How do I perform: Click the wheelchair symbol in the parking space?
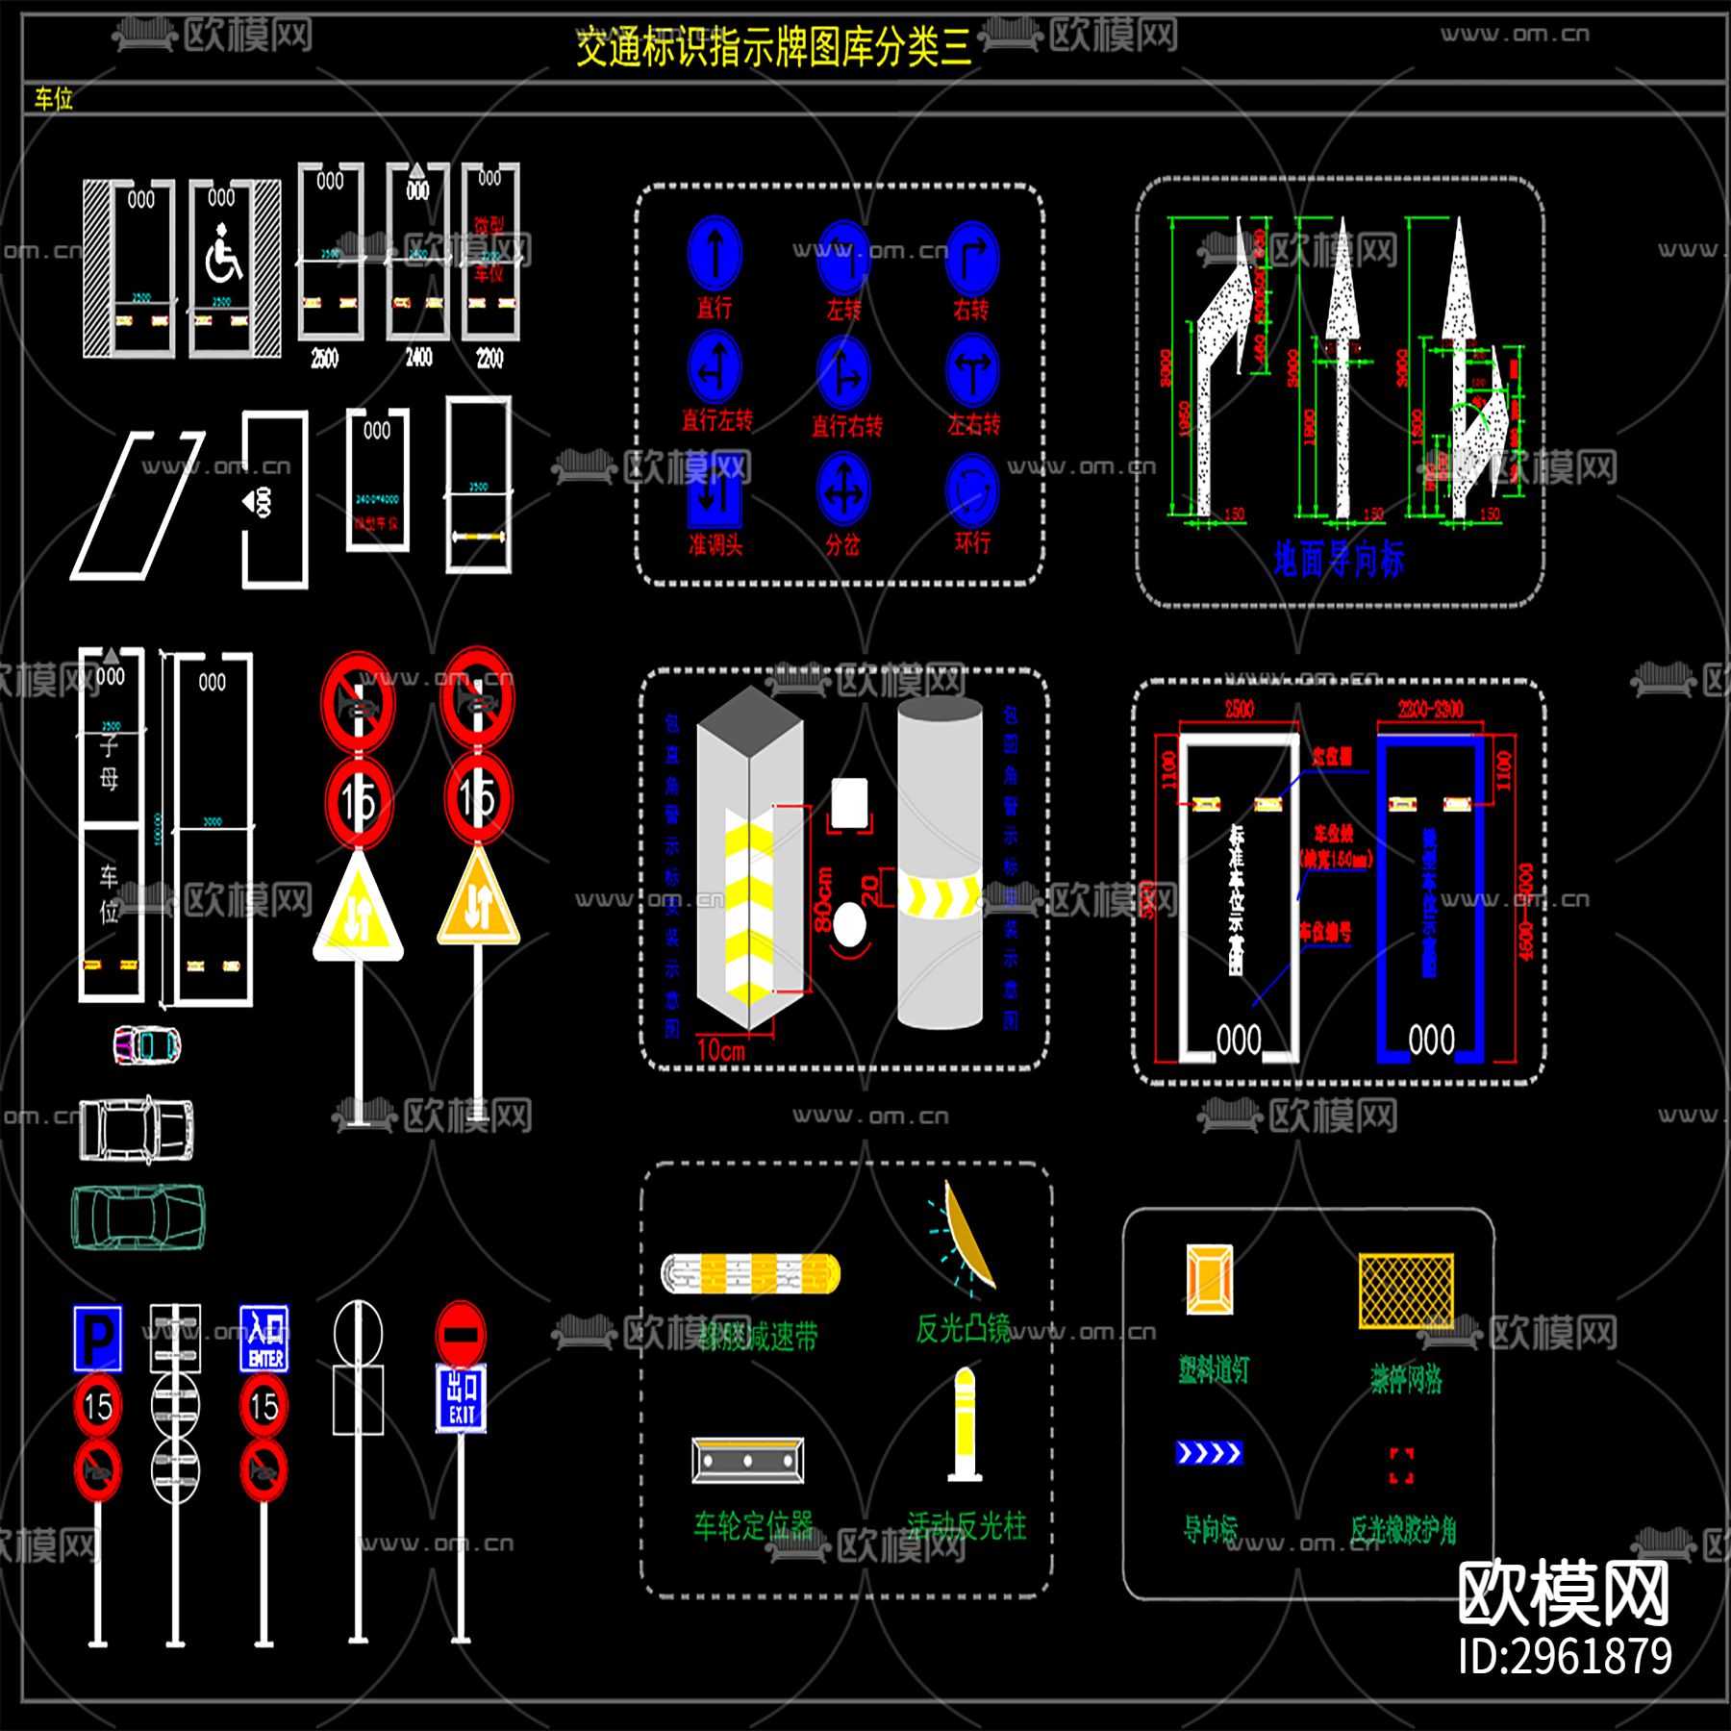point(223,255)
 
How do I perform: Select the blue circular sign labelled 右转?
point(971,257)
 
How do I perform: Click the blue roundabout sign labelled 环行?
point(972,489)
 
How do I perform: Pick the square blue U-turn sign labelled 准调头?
point(715,494)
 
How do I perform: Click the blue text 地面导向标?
point(1339,559)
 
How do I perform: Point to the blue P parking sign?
point(98,1337)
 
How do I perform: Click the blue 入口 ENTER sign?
point(264,1338)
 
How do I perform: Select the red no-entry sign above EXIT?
point(462,1333)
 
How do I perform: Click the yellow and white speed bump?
point(750,1274)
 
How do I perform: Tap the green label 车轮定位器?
point(753,1524)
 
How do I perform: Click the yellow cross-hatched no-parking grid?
point(1406,1291)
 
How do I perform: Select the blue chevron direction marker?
point(1209,1452)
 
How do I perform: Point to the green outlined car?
point(138,1217)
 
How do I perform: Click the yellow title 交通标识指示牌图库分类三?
point(773,47)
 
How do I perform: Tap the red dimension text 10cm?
point(720,1050)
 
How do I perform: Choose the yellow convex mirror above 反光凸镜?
point(966,1236)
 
